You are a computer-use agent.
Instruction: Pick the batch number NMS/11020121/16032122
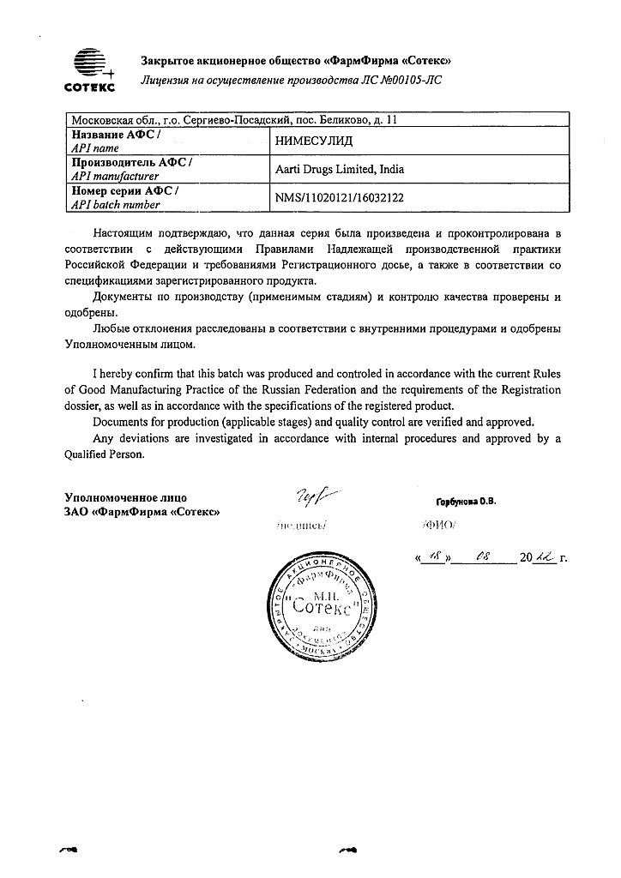tap(339, 197)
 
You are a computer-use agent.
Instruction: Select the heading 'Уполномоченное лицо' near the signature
tap(125, 497)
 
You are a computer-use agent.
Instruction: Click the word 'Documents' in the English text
tap(118, 422)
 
